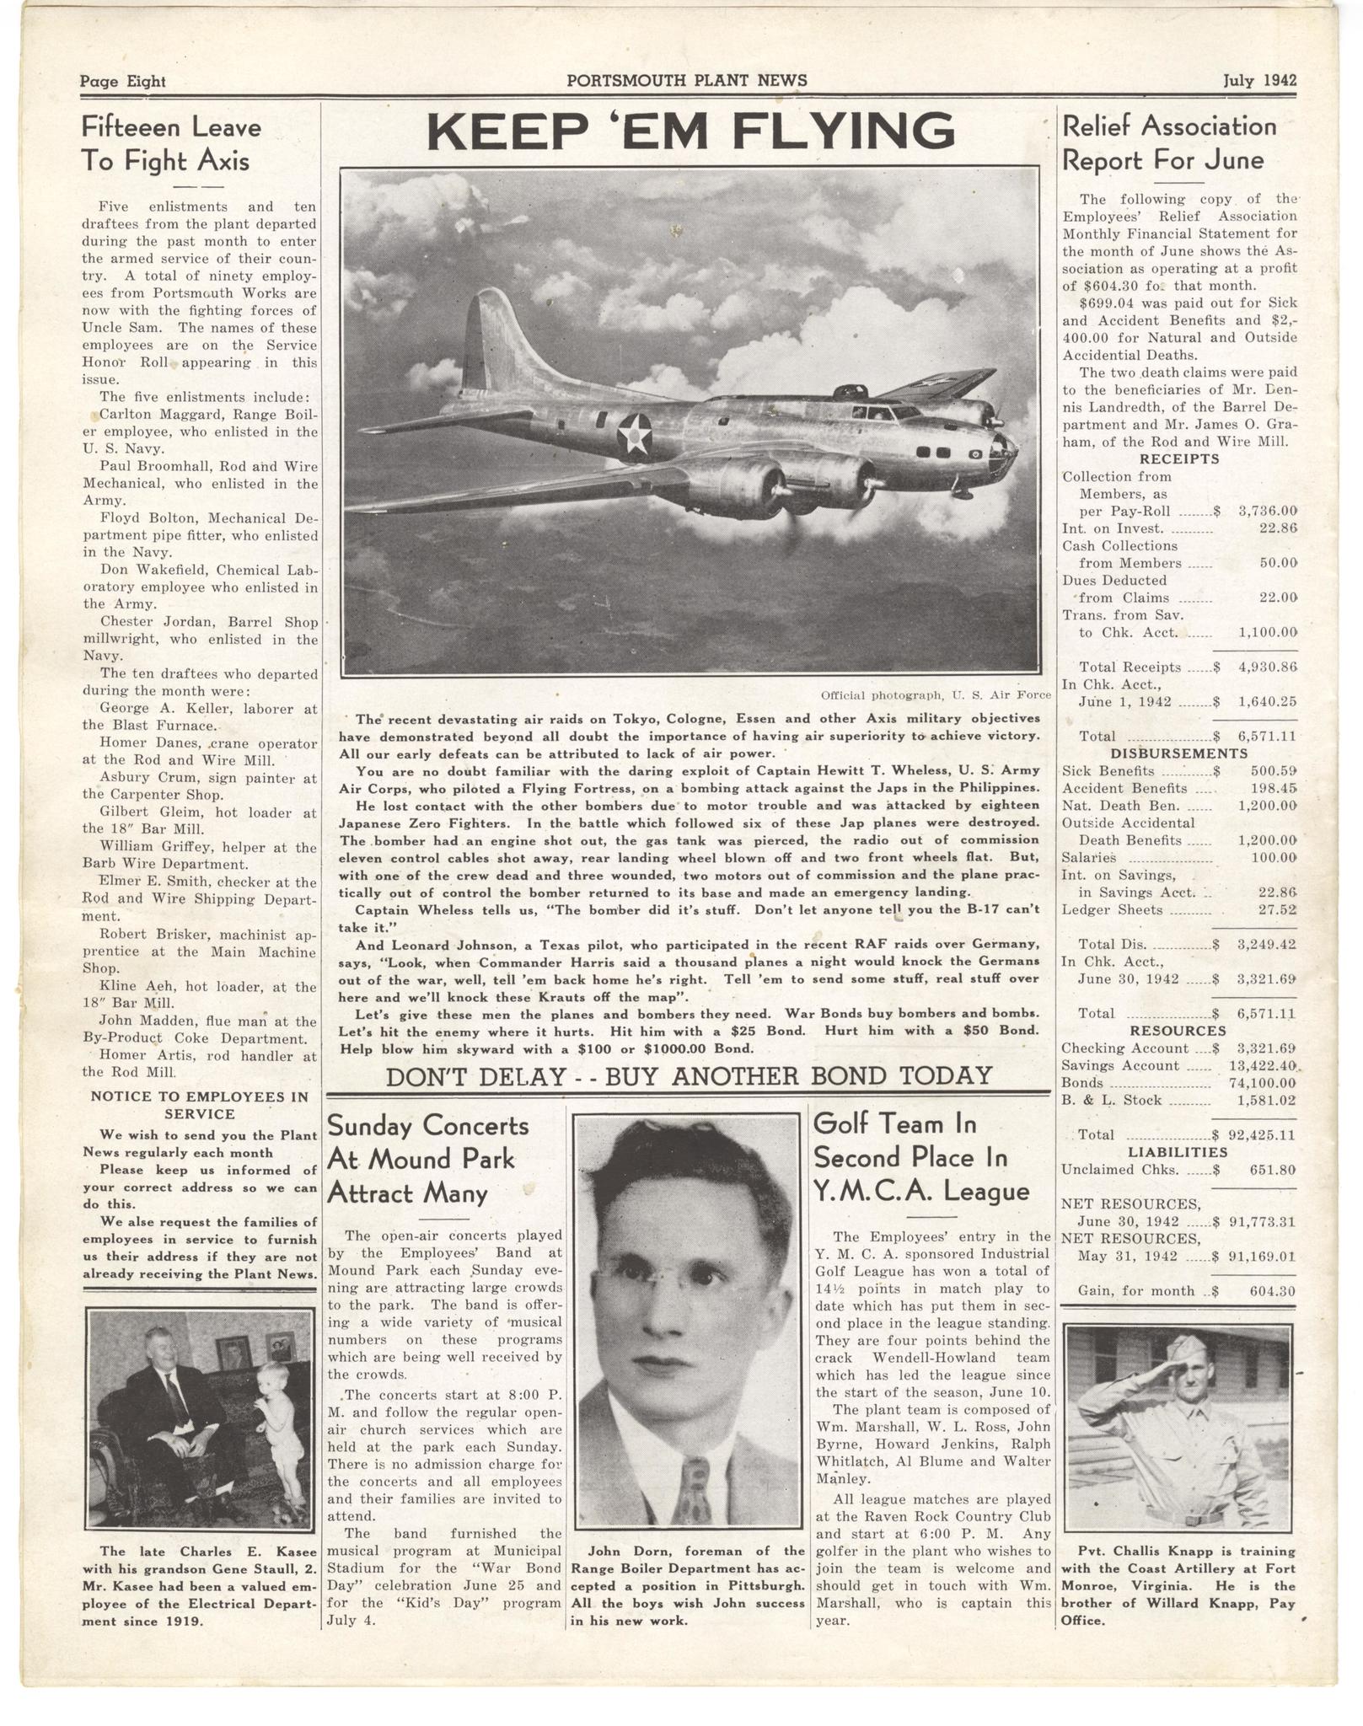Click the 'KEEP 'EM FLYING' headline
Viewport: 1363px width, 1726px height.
tap(690, 131)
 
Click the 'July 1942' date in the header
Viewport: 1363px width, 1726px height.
tap(1259, 81)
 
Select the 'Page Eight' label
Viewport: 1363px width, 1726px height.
tap(123, 82)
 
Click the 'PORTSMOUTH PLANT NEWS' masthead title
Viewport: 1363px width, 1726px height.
tap(687, 81)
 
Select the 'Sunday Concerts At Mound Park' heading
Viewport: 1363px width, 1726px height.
tap(428, 1159)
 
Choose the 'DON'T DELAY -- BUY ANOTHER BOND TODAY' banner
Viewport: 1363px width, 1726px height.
tap(688, 1076)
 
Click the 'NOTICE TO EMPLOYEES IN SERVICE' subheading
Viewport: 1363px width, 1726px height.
tap(201, 1106)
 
